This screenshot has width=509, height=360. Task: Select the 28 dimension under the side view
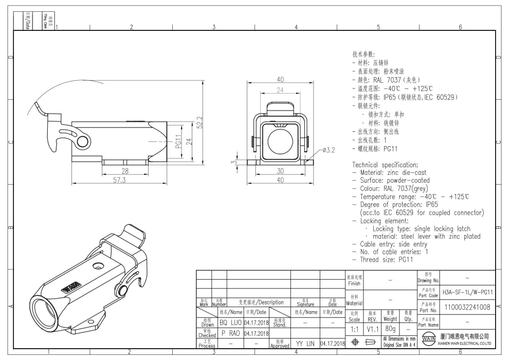click(x=125, y=171)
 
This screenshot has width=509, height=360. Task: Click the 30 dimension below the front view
click(x=280, y=172)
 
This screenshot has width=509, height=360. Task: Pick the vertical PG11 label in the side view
click(x=179, y=141)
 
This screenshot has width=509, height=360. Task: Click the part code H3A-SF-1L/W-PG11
click(x=468, y=292)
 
